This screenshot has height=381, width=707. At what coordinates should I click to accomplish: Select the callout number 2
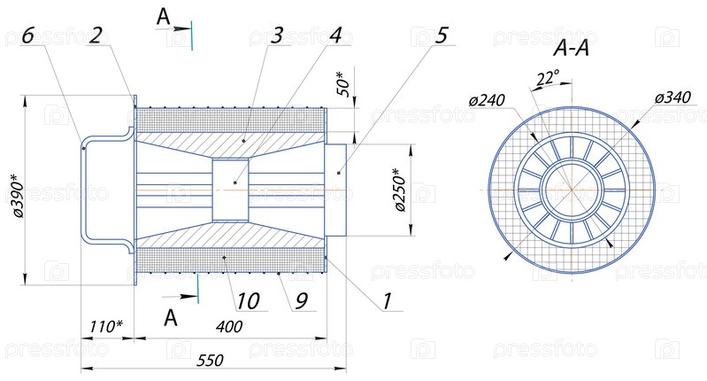(96, 35)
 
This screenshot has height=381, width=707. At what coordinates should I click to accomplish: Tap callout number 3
(277, 35)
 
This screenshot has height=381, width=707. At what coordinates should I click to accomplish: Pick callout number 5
(442, 35)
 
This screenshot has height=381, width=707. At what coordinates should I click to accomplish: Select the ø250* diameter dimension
(399, 190)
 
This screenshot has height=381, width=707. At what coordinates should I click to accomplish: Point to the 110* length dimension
(106, 327)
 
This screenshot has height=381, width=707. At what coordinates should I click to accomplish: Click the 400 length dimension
(228, 327)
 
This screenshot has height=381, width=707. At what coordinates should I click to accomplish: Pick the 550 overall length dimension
(210, 360)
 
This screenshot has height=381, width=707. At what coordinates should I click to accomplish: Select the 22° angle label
(548, 78)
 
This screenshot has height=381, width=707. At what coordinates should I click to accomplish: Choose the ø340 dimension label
(673, 97)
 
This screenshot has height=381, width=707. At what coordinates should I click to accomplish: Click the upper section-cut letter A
(163, 16)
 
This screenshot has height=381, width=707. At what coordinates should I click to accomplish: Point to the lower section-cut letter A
(172, 315)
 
